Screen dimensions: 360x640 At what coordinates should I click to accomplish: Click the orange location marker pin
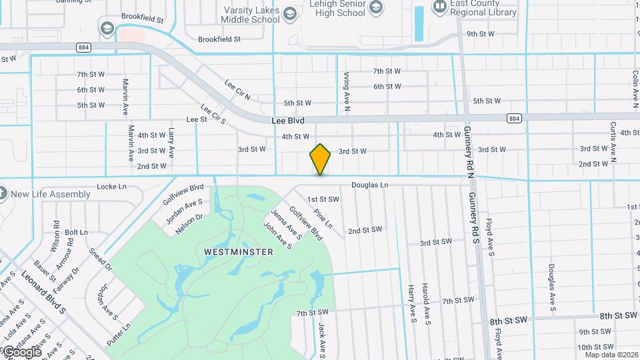pyautogui.click(x=321, y=159)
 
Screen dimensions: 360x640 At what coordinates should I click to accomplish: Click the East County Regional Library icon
pyautogui.click(x=439, y=7)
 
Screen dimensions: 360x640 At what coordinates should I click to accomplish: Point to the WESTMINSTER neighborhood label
pyautogui.click(x=239, y=252)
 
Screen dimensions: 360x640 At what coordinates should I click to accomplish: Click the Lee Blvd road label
pyautogui.click(x=288, y=121)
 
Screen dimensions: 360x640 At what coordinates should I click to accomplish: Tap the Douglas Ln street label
pyautogui.click(x=370, y=185)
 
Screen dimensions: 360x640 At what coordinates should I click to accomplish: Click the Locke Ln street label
pyautogui.click(x=112, y=187)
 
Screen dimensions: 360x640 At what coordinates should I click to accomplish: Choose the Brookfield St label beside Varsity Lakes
pyautogui.click(x=219, y=39)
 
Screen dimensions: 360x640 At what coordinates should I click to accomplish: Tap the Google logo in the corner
pyautogui.click(x=21, y=352)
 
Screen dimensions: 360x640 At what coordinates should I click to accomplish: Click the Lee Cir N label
pyautogui.click(x=237, y=91)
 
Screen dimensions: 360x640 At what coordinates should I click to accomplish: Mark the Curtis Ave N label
pyautogui.click(x=613, y=142)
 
